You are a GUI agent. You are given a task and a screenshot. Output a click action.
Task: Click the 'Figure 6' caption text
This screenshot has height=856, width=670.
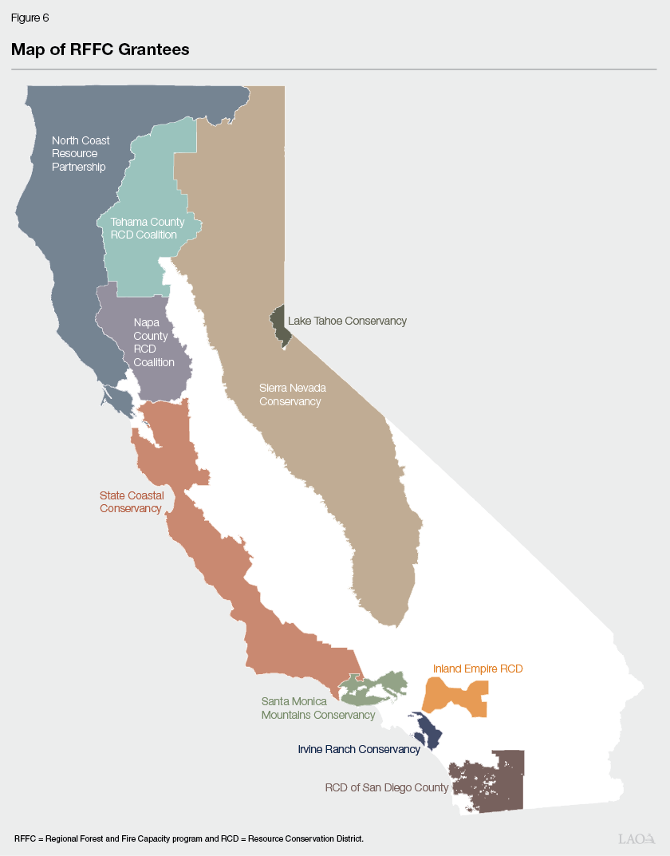[30, 18]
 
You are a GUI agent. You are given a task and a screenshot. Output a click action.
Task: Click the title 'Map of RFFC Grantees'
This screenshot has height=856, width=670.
[100, 49]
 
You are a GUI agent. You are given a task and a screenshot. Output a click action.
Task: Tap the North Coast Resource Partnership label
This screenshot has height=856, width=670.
[80, 153]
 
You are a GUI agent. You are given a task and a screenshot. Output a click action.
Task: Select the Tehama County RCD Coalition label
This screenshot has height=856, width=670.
[148, 228]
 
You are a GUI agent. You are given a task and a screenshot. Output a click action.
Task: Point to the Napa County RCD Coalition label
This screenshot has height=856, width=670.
[153, 342]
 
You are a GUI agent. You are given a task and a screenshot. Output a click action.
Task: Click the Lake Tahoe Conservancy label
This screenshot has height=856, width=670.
[347, 321]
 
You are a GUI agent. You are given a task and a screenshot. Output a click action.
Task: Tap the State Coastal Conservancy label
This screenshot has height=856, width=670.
[132, 502]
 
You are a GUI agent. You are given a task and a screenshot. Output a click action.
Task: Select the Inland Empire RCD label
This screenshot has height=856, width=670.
[478, 669]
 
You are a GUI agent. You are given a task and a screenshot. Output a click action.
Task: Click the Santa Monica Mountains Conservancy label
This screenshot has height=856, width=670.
[317, 708]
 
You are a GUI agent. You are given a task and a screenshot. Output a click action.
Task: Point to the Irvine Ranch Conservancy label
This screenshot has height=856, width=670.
[358, 749]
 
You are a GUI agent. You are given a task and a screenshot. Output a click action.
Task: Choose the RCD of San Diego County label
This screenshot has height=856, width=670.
[387, 787]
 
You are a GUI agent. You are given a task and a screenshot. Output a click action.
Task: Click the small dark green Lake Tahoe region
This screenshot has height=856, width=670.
[279, 323]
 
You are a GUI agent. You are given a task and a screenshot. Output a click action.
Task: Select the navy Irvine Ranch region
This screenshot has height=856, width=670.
[429, 729]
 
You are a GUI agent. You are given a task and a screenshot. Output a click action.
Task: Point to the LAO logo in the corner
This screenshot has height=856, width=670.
[636, 838]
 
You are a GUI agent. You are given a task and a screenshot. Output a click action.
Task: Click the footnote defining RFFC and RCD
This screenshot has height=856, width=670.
[188, 838]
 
